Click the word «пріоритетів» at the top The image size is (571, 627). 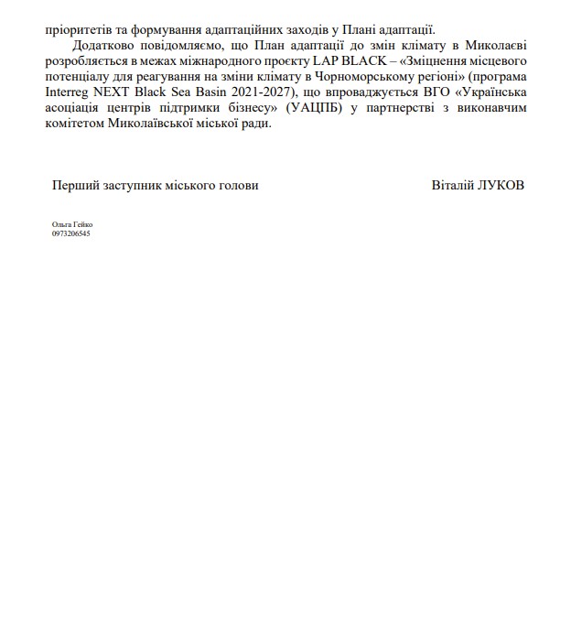tap(78, 28)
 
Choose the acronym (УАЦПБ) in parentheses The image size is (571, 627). tap(315, 108)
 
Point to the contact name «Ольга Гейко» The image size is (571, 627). tap(72, 225)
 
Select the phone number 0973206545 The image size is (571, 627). tap(71, 233)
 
